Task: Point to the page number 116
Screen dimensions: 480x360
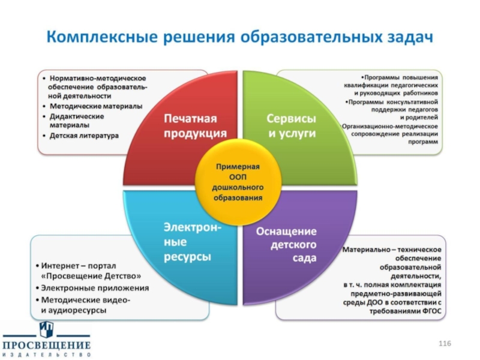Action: point(444,343)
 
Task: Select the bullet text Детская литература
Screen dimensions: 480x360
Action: point(84,136)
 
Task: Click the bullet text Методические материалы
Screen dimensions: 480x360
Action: point(96,106)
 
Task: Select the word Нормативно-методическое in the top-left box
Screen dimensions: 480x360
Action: point(98,78)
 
